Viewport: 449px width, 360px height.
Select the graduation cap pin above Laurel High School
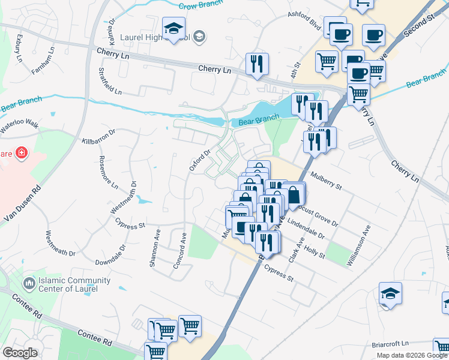174,29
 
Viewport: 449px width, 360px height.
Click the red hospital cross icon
22,154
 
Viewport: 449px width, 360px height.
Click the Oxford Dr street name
200,160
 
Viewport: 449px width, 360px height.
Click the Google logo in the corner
20,353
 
